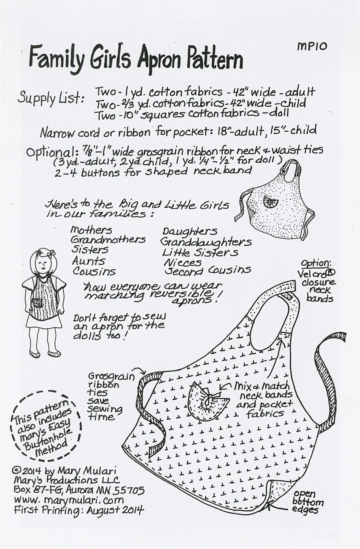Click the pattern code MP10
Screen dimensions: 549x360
pos(312,46)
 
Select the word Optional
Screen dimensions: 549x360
pos(52,151)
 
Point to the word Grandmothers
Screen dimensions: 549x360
pos(108,240)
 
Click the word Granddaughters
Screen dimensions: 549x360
pos(206,242)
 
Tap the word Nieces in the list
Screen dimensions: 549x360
pos(182,262)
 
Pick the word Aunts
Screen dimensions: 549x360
pos(88,261)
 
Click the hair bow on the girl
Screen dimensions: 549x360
pos(51,253)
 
